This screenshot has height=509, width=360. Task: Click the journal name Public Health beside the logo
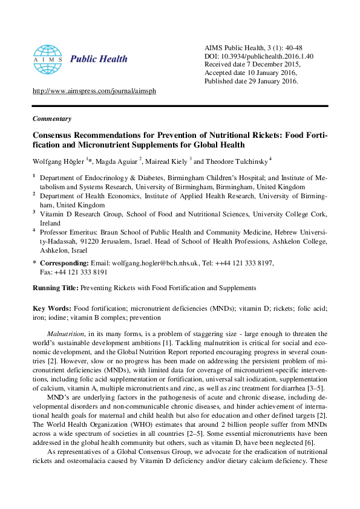pyautogui.click(x=99, y=59)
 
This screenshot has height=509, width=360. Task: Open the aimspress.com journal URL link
pyautogui.click(x=94, y=91)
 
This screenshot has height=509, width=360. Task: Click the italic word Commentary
pyautogui.click(x=52, y=118)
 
